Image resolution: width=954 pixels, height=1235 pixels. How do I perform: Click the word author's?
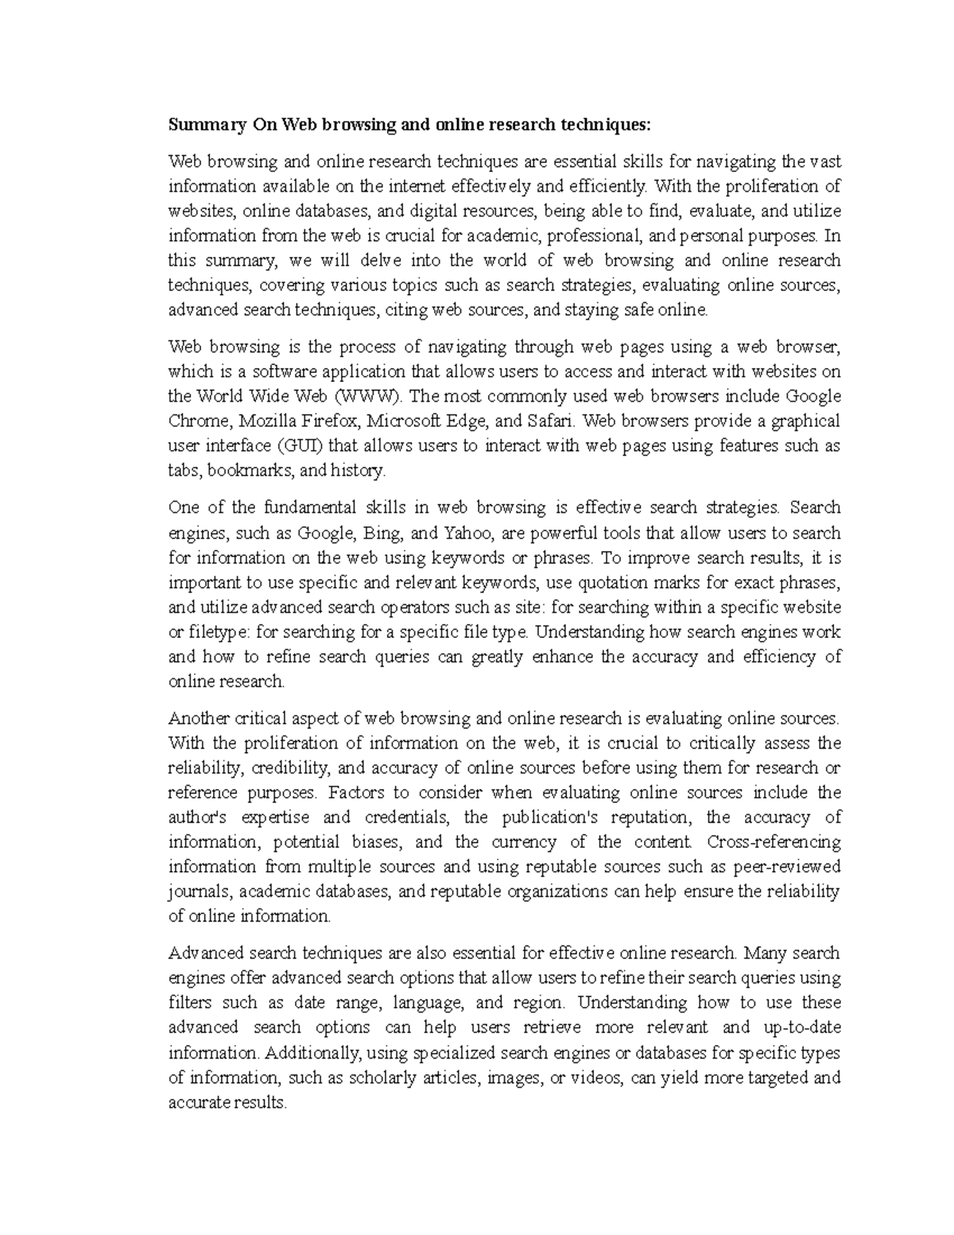coord(198,818)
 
